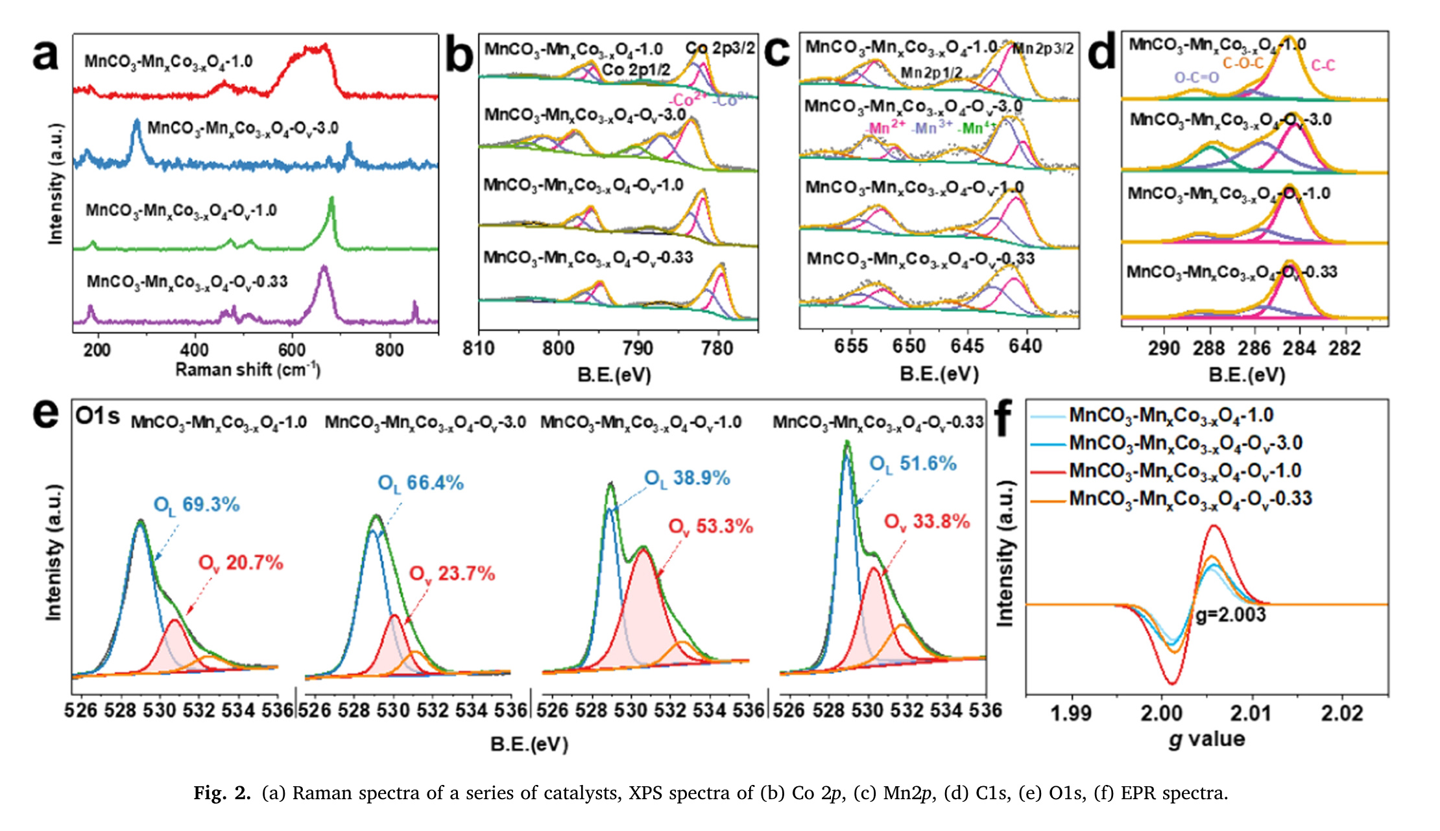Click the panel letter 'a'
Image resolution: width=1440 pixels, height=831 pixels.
pyautogui.click(x=45, y=55)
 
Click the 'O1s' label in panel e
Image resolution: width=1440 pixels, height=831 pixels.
pyautogui.click(x=97, y=416)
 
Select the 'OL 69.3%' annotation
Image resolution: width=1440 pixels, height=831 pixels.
pyautogui.click(x=197, y=505)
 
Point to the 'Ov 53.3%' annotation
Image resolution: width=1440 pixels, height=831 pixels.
pyautogui.click(x=711, y=527)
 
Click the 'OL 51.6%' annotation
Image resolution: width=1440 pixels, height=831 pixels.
pyautogui.click(x=913, y=464)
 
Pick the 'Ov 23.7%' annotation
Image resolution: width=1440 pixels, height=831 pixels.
pyautogui.click(x=452, y=574)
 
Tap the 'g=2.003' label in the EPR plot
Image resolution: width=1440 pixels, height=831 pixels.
pyautogui.click(x=1230, y=614)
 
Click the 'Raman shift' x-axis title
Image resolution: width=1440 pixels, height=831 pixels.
pyautogui.click(x=248, y=370)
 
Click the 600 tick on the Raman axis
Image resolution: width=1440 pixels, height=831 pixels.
pyautogui.click(x=292, y=350)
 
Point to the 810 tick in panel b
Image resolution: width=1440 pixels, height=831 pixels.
pyautogui.click(x=479, y=349)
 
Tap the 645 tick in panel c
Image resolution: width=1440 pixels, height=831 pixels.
pyautogui.click(x=967, y=346)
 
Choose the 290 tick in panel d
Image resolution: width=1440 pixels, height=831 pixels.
pyautogui.click(x=1164, y=349)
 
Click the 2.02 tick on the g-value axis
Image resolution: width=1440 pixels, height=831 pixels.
pyautogui.click(x=1342, y=714)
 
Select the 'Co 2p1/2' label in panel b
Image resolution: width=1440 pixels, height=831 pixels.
pyautogui.click(x=636, y=70)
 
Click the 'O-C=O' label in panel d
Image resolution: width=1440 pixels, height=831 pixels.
pyautogui.click(x=1197, y=78)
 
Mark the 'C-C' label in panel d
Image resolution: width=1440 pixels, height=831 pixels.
pyautogui.click(x=1323, y=66)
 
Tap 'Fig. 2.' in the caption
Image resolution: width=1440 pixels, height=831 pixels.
pyautogui.click(x=222, y=793)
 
